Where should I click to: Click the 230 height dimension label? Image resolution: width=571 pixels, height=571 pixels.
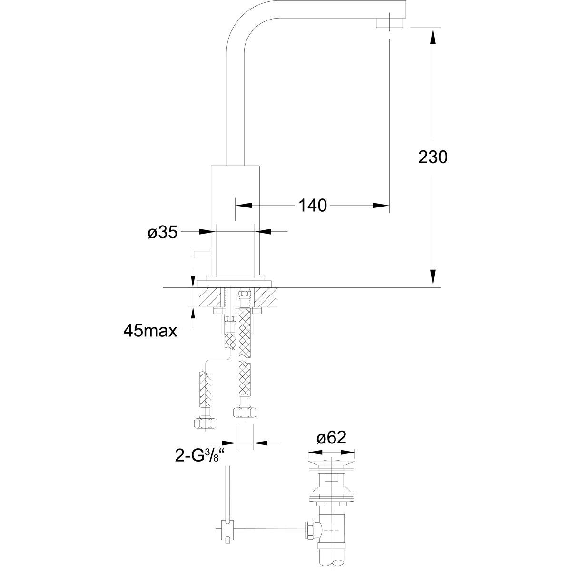tap(433, 158)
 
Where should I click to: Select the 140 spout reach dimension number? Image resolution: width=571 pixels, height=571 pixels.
tap(312, 206)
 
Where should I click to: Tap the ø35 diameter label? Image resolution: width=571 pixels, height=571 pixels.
tap(162, 232)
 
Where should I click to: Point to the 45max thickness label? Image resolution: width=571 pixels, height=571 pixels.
tap(150, 330)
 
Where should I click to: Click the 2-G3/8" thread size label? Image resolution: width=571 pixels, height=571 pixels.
tap(201, 455)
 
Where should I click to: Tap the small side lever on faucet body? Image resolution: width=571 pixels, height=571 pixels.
tap(201, 254)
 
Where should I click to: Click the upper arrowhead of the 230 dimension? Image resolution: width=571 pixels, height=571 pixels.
tap(433, 36)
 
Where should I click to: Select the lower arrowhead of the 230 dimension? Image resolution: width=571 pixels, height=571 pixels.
tap(433, 278)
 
